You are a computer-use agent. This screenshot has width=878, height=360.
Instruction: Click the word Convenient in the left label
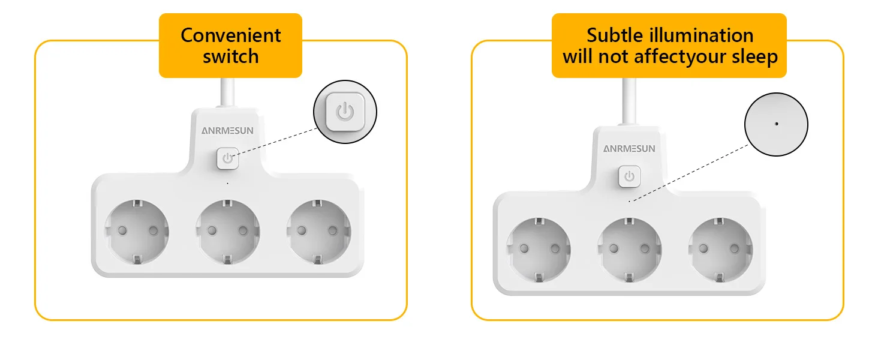tap(230, 35)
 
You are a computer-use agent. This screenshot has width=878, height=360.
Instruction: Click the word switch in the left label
tap(230, 57)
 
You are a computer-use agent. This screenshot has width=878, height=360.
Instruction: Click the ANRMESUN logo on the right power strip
tap(629, 149)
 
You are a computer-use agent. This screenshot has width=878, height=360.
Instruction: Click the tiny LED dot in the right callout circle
tap(776, 124)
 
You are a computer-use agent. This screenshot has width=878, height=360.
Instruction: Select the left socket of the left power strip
tap(137, 231)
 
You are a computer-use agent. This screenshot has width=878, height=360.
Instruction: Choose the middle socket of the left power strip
tap(228, 231)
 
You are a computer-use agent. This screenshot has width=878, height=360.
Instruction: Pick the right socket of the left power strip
tap(318, 231)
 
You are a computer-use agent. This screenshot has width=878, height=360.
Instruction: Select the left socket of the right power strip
tap(539, 248)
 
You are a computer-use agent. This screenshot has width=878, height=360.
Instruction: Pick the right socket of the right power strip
tap(720, 248)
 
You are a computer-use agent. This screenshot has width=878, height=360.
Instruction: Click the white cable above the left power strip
tap(227, 94)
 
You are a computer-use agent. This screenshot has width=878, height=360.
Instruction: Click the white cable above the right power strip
tap(629, 102)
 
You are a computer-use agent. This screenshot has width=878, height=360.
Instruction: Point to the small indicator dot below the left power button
tap(227, 182)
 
